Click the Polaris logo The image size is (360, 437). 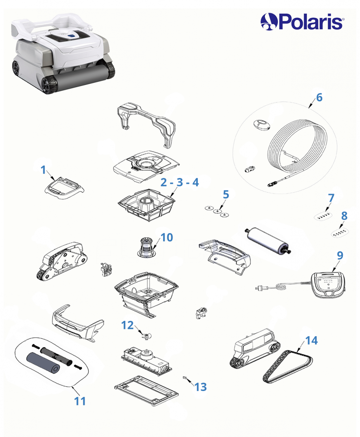(x=302, y=22)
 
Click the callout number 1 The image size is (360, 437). (x=43, y=170)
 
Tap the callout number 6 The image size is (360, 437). (x=319, y=97)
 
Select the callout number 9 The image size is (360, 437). (x=340, y=255)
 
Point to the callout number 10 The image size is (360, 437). (x=167, y=238)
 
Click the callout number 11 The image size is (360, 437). (x=80, y=401)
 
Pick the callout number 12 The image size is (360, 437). (x=127, y=325)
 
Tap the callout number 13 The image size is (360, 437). (x=201, y=387)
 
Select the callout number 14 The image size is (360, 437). (x=312, y=340)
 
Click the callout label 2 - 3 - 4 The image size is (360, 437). (x=180, y=182)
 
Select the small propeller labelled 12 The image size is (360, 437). (x=147, y=337)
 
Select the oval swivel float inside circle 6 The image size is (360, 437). (x=262, y=125)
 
